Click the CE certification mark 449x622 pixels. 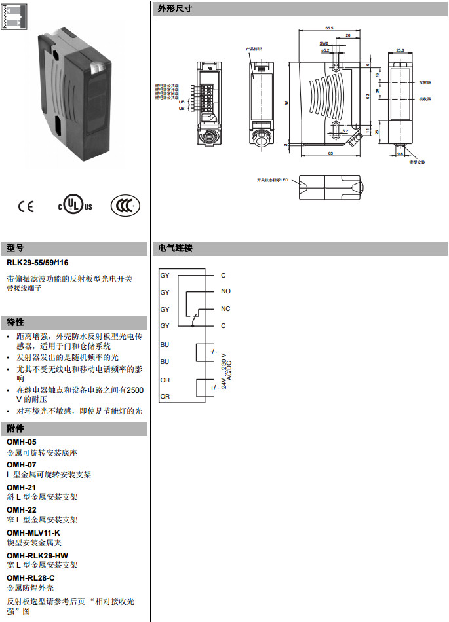click(26, 206)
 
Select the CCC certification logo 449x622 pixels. click(125, 205)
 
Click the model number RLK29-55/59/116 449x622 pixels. click(42, 262)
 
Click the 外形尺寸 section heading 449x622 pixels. click(171, 9)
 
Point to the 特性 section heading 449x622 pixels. click(15, 322)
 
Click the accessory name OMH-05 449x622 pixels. click(21, 442)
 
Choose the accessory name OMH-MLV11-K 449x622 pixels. click(33, 532)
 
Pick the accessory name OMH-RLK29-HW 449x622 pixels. click(37, 555)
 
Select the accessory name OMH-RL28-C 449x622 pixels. click(30, 577)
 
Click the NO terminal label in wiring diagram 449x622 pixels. click(225, 291)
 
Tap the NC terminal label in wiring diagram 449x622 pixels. click(225, 308)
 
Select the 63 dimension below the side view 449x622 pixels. click(330, 153)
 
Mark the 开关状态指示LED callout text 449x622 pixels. click(273, 179)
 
